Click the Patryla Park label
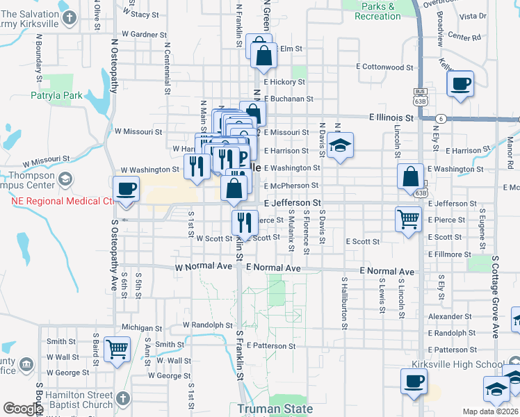click(x=56, y=95)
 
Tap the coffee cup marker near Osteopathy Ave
click(x=127, y=189)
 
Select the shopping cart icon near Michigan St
click(x=117, y=349)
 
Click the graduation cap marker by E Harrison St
click(x=339, y=146)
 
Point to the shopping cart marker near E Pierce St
click(x=408, y=219)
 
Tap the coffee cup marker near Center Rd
click(x=460, y=84)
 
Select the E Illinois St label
click(x=391, y=118)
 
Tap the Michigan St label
click(x=141, y=327)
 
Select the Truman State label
click(x=275, y=409)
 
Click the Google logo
click(x=23, y=409)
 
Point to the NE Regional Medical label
click(x=61, y=202)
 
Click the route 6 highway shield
click(x=441, y=119)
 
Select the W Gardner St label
click(x=144, y=33)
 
